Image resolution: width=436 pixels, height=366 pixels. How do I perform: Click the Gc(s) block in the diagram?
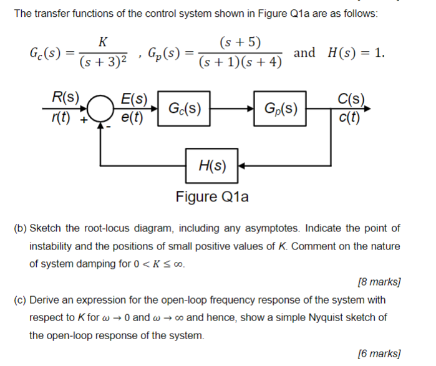coord(184,109)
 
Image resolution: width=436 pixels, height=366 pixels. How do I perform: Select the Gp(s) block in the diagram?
coord(280,109)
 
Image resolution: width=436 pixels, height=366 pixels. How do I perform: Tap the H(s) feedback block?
coord(211,166)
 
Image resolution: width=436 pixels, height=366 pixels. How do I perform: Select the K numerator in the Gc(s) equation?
coord(104,42)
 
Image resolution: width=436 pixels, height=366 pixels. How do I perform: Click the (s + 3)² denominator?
coord(104,62)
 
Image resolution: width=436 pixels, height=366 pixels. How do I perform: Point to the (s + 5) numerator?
coord(241,42)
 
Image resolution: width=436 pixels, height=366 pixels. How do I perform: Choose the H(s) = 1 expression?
coord(356,52)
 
